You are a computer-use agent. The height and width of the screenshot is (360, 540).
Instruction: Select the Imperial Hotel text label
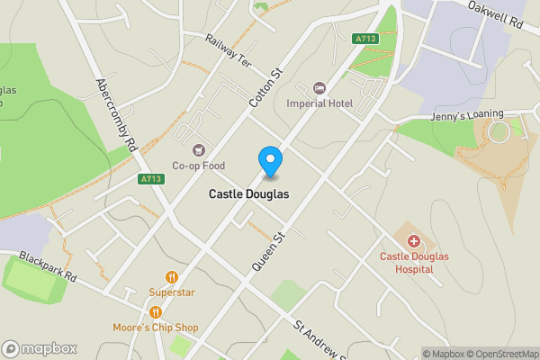319,103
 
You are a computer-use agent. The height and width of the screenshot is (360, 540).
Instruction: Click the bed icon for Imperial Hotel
319,88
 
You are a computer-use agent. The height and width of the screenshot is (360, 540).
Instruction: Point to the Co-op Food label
198,166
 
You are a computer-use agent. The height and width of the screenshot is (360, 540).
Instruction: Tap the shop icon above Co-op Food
198,150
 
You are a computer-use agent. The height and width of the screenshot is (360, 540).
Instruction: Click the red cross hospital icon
413,241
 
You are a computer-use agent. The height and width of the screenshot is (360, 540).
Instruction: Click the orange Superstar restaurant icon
171,277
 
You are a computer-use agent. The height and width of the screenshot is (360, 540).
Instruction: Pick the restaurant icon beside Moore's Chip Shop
156,312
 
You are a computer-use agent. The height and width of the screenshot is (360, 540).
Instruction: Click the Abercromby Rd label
115,112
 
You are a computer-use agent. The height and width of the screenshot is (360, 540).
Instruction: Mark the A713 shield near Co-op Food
151,179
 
